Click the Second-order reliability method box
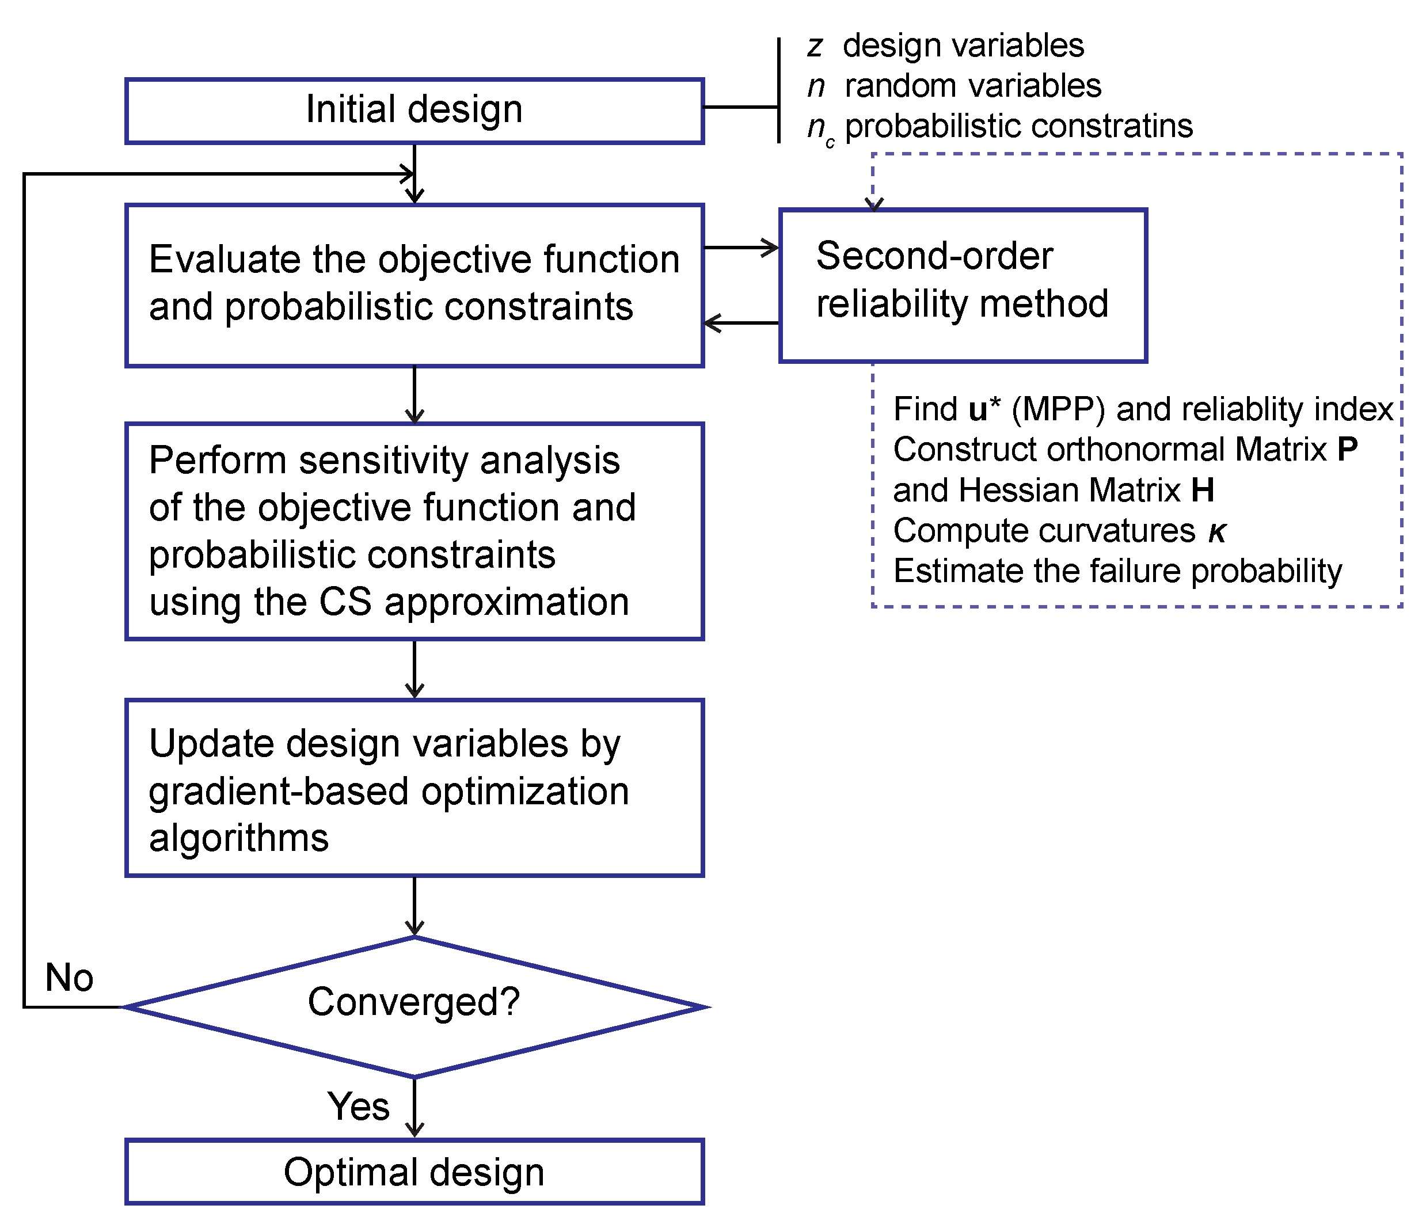(x=962, y=284)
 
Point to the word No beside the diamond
(x=69, y=978)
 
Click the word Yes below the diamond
(x=358, y=1106)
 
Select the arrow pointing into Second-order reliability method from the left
(x=742, y=247)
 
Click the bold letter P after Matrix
(x=1347, y=450)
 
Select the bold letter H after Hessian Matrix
(x=1202, y=490)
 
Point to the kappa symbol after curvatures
(x=1217, y=532)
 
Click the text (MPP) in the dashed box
(x=1058, y=409)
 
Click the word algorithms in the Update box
(x=239, y=838)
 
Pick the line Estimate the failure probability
(x=1117, y=571)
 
